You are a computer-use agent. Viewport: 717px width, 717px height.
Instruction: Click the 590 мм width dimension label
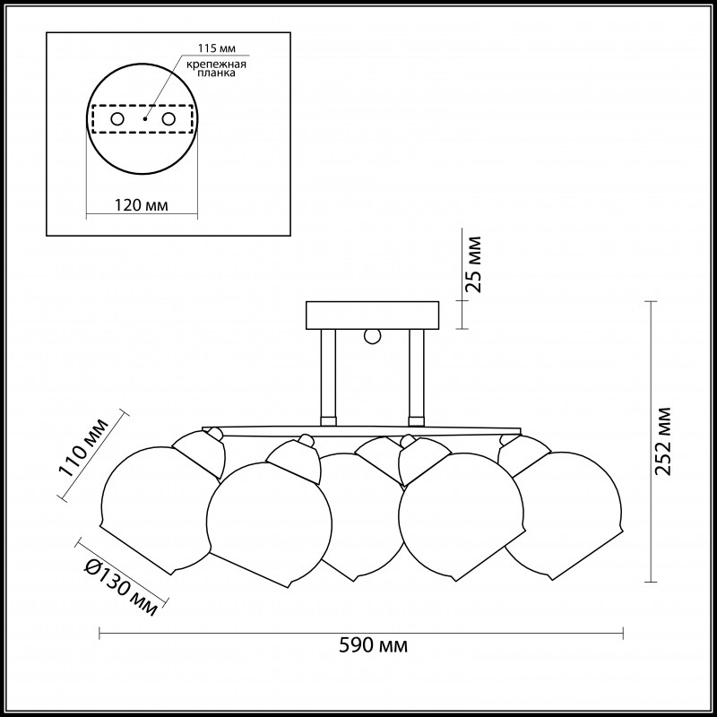coord(373,645)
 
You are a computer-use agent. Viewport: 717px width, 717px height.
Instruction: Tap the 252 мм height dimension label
coord(663,441)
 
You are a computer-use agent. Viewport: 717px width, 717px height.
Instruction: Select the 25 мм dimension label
coord(473,264)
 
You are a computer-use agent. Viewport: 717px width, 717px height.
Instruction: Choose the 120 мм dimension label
coord(142,205)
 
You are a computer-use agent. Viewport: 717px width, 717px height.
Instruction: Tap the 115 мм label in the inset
coord(217,48)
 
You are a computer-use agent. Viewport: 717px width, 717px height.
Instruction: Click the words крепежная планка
coord(217,68)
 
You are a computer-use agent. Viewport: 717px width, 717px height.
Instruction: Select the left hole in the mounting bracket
coord(117,119)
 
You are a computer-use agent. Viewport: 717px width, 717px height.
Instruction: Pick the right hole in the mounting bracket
coord(168,119)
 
